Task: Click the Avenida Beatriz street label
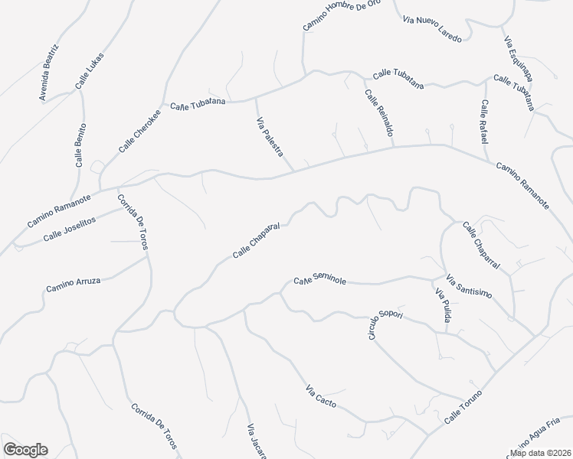[50, 73]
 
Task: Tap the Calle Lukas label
[90, 74]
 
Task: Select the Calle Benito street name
[80, 145]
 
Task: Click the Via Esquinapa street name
[519, 58]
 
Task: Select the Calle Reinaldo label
[379, 113]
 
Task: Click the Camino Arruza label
[73, 285]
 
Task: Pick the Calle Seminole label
[320, 282]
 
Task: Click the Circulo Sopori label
[385, 326]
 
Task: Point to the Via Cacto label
[321, 397]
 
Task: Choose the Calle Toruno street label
[463, 408]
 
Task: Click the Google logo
[25, 450]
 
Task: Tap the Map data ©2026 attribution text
[540, 453]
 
